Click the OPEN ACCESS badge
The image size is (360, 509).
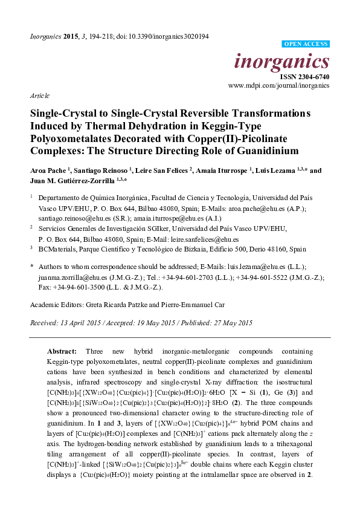[x=306, y=45]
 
